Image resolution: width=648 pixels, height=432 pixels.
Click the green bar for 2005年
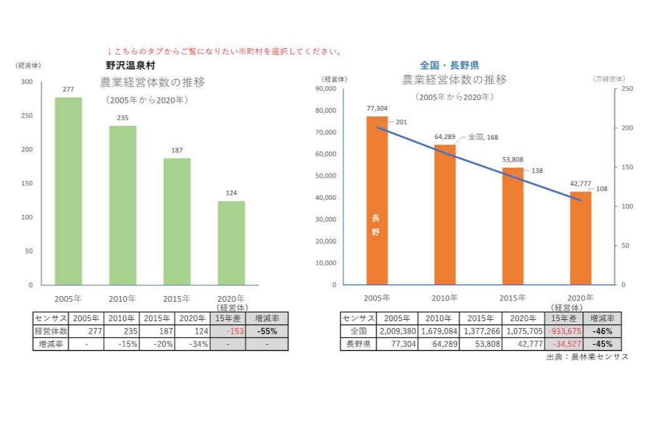point(68,191)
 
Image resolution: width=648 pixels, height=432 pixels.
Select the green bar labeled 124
point(231,243)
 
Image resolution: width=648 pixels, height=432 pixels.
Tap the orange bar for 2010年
point(445,215)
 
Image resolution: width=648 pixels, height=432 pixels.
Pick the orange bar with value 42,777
point(580,238)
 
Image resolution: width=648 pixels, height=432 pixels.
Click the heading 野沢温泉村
point(130,64)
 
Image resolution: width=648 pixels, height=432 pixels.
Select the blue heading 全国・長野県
point(449,64)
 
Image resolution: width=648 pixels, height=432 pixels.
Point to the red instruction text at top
point(224,51)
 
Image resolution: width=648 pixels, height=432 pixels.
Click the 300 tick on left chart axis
point(27,82)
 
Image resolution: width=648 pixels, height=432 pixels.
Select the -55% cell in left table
point(267,331)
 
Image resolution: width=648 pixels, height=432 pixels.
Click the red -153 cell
point(228,331)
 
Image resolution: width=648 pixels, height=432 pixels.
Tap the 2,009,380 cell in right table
point(397,331)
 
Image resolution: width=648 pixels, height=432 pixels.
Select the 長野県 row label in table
point(358,344)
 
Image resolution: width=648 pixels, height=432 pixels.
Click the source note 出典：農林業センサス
point(587,356)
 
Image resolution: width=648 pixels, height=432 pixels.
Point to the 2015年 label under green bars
point(177,298)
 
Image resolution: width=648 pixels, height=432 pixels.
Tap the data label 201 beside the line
point(401,122)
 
